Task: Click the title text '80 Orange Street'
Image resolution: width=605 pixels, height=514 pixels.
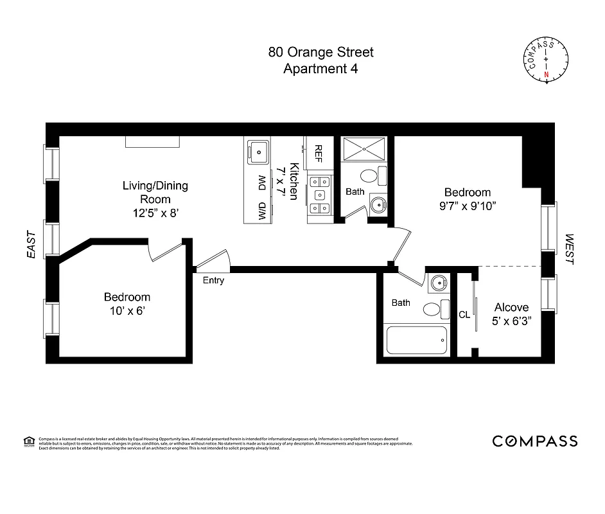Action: click(320, 52)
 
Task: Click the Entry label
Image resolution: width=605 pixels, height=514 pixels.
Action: click(213, 280)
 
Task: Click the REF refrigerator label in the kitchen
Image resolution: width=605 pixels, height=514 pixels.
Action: click(318, 154)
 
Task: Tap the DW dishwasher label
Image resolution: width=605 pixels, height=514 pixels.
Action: click(262, 183)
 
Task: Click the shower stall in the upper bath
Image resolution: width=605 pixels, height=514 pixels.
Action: click(364, 150)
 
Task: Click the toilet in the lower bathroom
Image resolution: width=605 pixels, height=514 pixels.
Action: click(435, 309)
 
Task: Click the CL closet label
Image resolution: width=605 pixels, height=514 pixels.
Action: click(464, 315)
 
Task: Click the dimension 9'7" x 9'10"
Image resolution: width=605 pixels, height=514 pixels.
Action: click(468, 206)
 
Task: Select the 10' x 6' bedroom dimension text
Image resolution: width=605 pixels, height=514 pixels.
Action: click(127, 310)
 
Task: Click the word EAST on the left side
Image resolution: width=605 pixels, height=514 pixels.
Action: click(31, 245)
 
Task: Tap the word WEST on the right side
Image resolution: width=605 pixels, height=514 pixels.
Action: click(570, 249)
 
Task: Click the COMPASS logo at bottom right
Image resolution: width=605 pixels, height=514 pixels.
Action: click(534, 441)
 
